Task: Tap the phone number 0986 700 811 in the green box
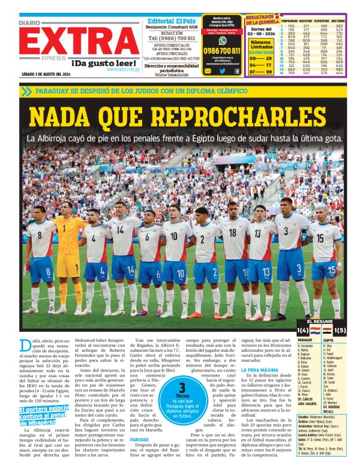pyautogui.click(x=222, y=50)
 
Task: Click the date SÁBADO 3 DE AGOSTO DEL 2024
pyautogui.click(x=45, y=74)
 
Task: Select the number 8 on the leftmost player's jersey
pyautogui.click(x=38, y=236)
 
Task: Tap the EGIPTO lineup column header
pyautogui.click(x=328, y=341)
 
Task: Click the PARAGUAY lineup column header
pyautogui.click(x=305, y=341)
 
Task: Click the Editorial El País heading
pyautogui.click(x=171, y=20)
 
